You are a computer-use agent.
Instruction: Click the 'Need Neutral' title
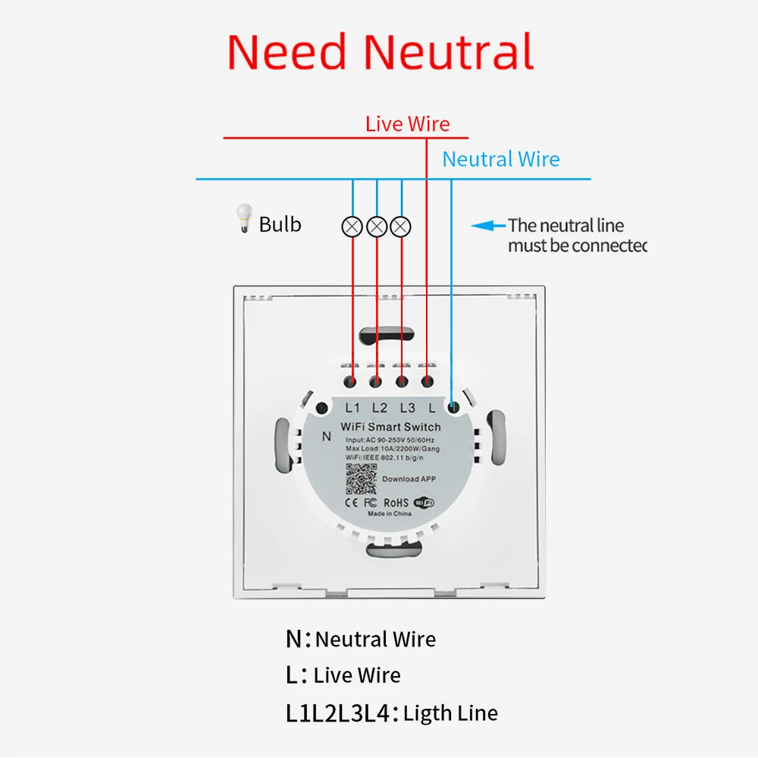point(381,52)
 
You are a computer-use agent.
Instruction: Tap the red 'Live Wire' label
point(407,124)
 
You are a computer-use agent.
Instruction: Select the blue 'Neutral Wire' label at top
point(501,159)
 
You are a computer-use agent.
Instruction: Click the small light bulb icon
point(243,218)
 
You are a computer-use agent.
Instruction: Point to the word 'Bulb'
point(280,224)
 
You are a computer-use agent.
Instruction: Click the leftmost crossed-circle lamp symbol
point(352,226)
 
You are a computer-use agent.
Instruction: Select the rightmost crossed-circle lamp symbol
point(402,226)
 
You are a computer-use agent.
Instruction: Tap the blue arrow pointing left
point(488,225)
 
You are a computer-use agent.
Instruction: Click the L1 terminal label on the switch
point(352,408)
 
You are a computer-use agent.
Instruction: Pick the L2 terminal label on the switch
point(379,408)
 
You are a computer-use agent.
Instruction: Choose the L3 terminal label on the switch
point(407,408)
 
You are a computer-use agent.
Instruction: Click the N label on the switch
point(327,436)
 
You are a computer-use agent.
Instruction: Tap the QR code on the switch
point(361,478)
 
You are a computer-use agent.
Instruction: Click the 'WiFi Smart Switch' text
point(390,427)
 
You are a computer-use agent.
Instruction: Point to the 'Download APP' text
point(410,479)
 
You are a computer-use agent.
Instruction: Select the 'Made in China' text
point(390,515)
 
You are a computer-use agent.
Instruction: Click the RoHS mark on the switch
point(396,502)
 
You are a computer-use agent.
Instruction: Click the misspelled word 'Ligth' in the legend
point(428,713)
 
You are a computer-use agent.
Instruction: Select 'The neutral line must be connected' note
point(576,235)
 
